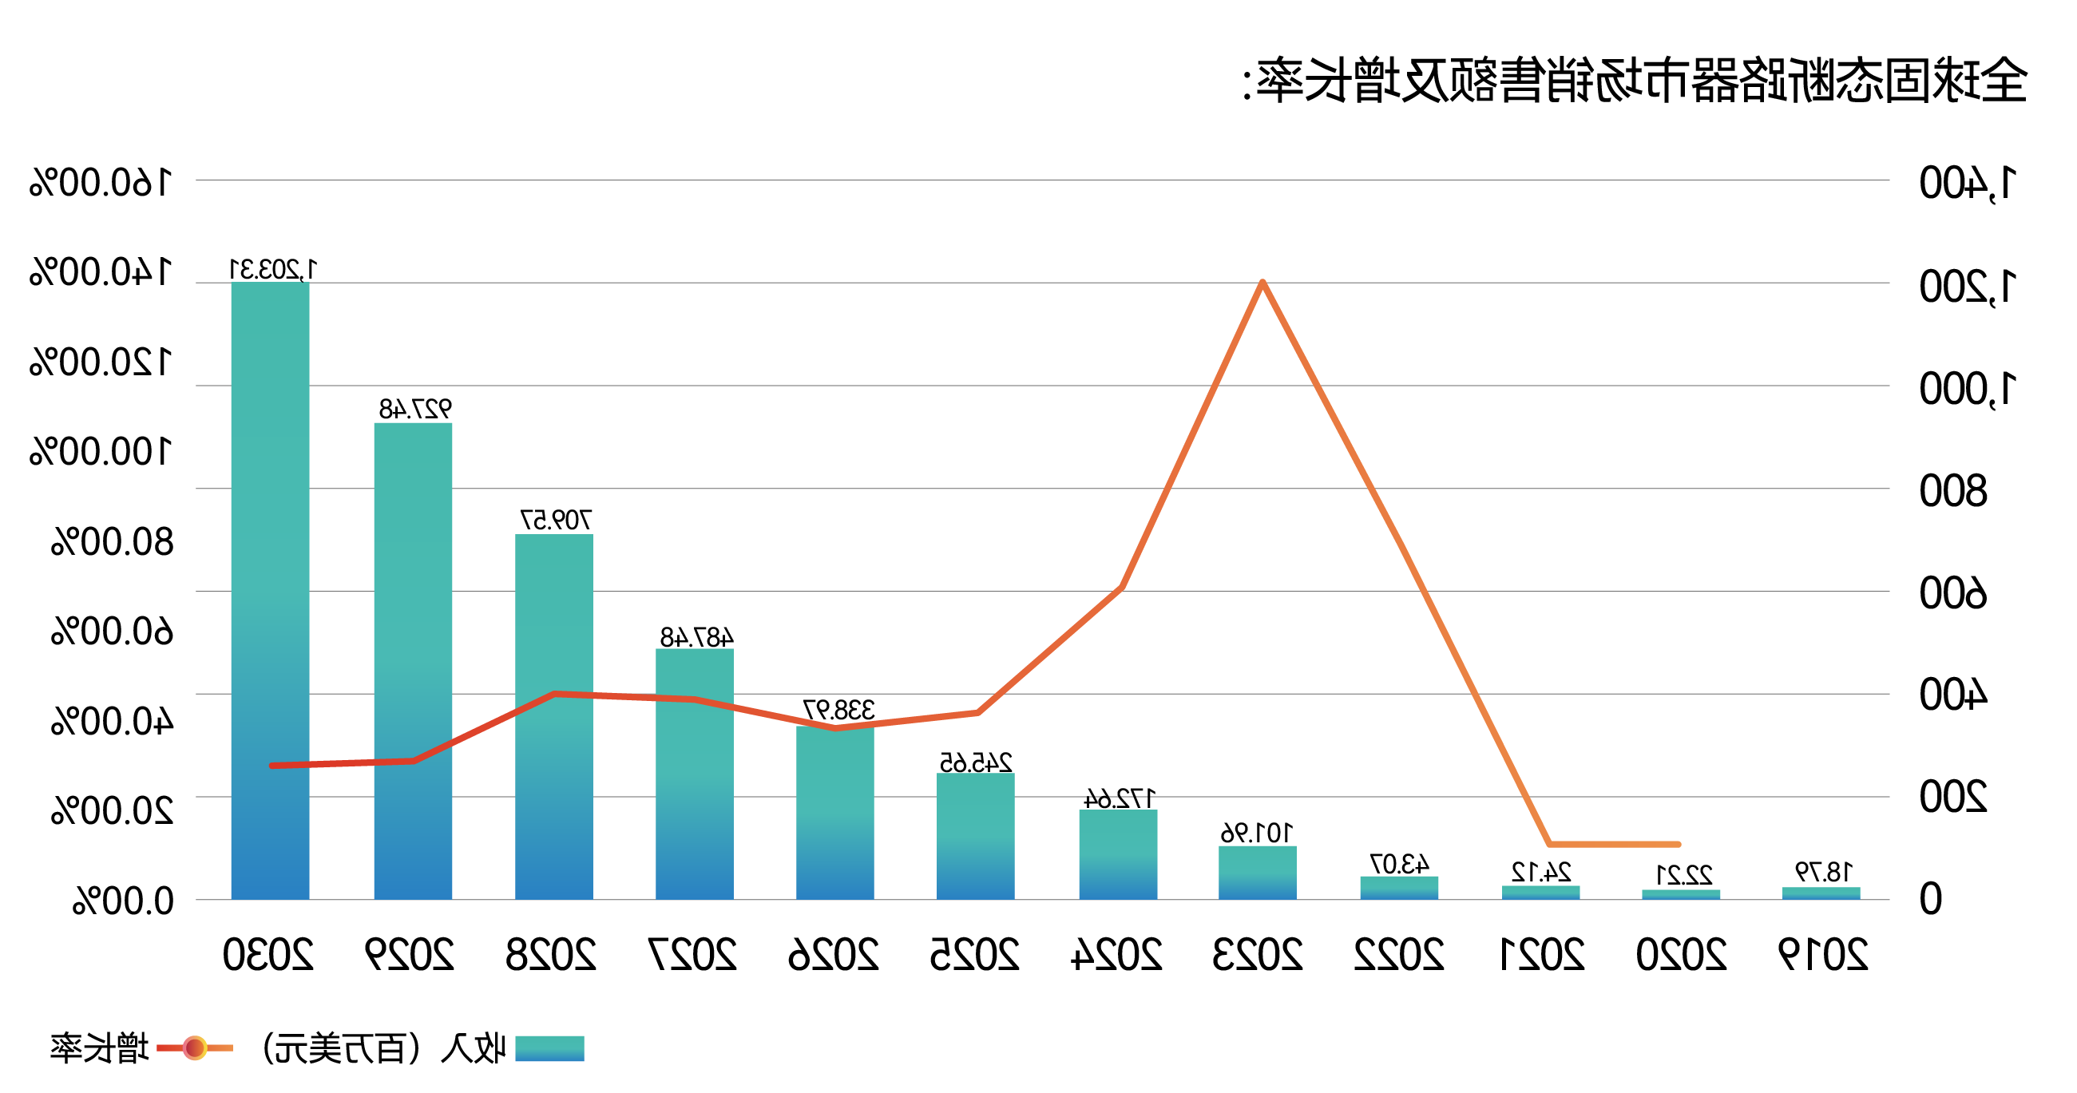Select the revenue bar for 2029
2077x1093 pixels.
413,661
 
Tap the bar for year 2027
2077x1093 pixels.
694,774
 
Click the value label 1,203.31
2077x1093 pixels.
273,269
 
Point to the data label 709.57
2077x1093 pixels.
556,521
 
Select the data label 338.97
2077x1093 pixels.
838,710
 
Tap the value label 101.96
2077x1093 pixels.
1257,833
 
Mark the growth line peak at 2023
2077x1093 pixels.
1262,282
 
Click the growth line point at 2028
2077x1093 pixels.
555,693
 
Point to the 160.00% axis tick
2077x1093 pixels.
101,183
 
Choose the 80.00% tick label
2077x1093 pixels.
112,542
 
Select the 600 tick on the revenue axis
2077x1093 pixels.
1953,594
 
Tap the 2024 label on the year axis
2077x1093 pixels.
1116,955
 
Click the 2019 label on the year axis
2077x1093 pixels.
1823,955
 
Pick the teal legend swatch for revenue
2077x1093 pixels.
549,1047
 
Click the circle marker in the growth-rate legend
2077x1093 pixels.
194,1047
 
